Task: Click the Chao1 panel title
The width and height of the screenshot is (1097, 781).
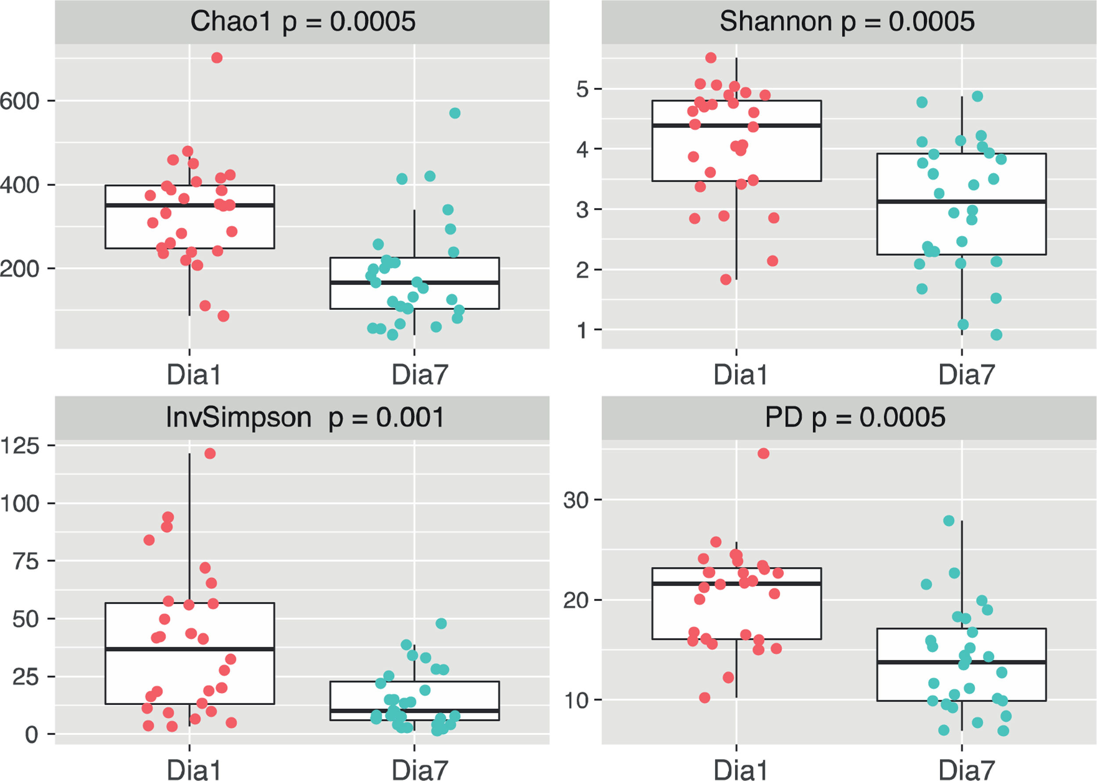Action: click(x=302, y=22)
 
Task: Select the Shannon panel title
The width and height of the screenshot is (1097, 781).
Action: click(x=847, y=22)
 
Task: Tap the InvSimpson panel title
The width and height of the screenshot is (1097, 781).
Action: click(x=305, y=417)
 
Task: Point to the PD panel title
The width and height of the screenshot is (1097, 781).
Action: click(x=855, y=417)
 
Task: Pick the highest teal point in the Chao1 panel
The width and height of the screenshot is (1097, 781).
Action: click(x=455, y=113)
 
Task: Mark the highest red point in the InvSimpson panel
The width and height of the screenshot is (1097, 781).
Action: click(x=210, y=453)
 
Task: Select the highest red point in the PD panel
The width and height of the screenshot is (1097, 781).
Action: click(x=764, y=453)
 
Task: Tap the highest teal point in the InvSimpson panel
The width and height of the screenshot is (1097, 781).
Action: click(x=441, y=623)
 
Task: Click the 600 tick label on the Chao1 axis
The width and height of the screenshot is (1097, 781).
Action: click(x=19, y=101)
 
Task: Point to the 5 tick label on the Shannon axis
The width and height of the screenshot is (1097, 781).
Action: click(x=582, y=90)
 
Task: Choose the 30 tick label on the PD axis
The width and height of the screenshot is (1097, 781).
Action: click(x=576, y=500)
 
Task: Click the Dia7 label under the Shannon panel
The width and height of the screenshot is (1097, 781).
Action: click(x=966, y=375)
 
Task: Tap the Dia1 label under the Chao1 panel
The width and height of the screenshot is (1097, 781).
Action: click(x=194, y=375)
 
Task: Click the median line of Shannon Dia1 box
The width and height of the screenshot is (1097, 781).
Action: click(x=736, y=126)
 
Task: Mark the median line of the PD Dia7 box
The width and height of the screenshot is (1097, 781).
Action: click(x=961, y=662)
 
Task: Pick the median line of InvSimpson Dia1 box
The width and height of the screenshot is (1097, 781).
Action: click(x=190, y=649)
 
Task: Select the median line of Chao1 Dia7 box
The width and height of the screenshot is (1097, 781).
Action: click(x=414, y=282)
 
